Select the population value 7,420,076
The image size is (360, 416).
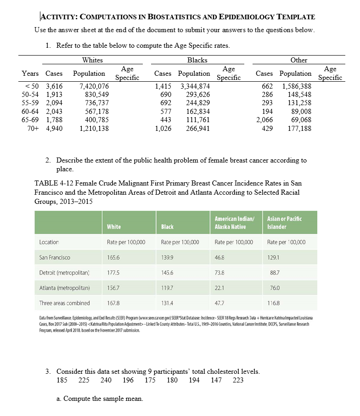[94, 86]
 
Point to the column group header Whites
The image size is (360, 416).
[92, 60]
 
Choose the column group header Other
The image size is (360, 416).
[299, 60]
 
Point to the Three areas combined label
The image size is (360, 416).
[64, 303]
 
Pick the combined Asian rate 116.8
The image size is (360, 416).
[273, 303]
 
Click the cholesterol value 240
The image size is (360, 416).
[106, 380]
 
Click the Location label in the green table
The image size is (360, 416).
[49, 242]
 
